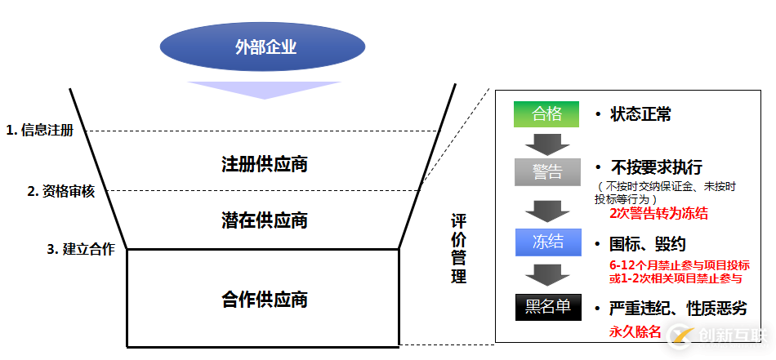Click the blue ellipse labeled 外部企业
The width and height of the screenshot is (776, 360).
click(x=265, y=47)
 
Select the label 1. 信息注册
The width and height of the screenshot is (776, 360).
click(x=39, y=130)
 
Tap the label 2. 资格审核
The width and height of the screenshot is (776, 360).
click(x=61, y=191)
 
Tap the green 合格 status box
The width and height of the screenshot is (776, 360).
click(x=546, y=113)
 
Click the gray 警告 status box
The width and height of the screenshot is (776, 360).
click(x=546, y=172)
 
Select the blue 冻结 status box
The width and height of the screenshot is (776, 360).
click(x=546, y=242)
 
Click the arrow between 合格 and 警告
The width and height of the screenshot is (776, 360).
click(x=546, y=143)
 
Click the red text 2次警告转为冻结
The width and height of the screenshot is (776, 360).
click(x=658, y=214)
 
